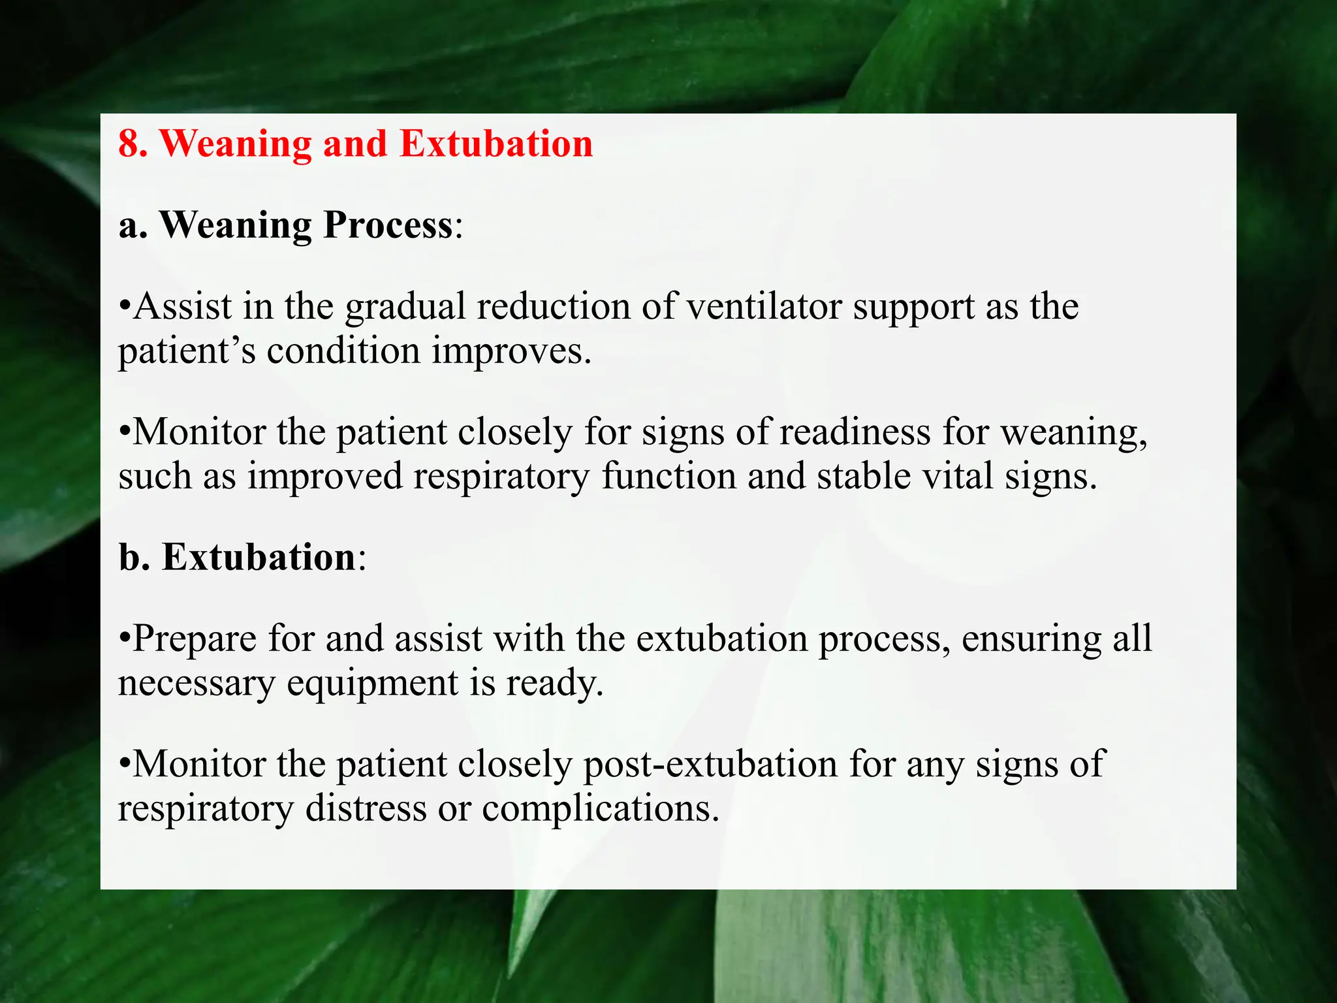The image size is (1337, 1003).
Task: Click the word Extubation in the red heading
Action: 496,144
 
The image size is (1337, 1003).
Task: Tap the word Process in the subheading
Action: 388,225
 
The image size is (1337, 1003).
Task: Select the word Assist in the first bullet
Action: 183,306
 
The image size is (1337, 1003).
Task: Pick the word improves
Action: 511,353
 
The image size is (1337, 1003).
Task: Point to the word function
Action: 668,476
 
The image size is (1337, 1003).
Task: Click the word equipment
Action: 373,684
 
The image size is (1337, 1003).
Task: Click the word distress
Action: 366,808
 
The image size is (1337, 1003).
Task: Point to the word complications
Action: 600,810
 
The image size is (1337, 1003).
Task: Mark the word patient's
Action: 187,353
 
